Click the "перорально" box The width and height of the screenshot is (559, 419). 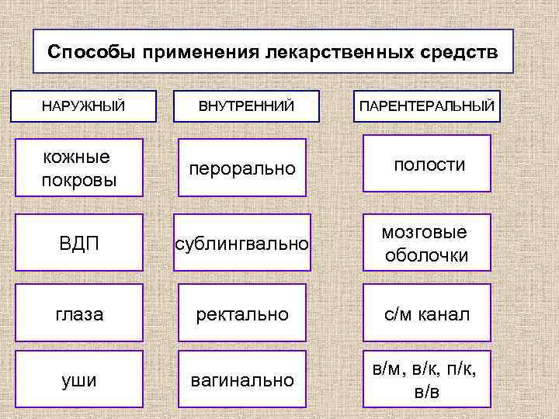point(242,168)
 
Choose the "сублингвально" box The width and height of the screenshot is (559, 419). point(243,244)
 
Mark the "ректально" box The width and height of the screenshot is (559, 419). point(243,313)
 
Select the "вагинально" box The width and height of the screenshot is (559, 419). point(243,380)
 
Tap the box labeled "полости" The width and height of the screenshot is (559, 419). point(427,164)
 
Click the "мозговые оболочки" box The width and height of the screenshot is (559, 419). point(427,243)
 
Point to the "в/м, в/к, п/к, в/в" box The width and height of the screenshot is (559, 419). point(427,380)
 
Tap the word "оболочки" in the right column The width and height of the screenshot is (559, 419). point(427,255)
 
